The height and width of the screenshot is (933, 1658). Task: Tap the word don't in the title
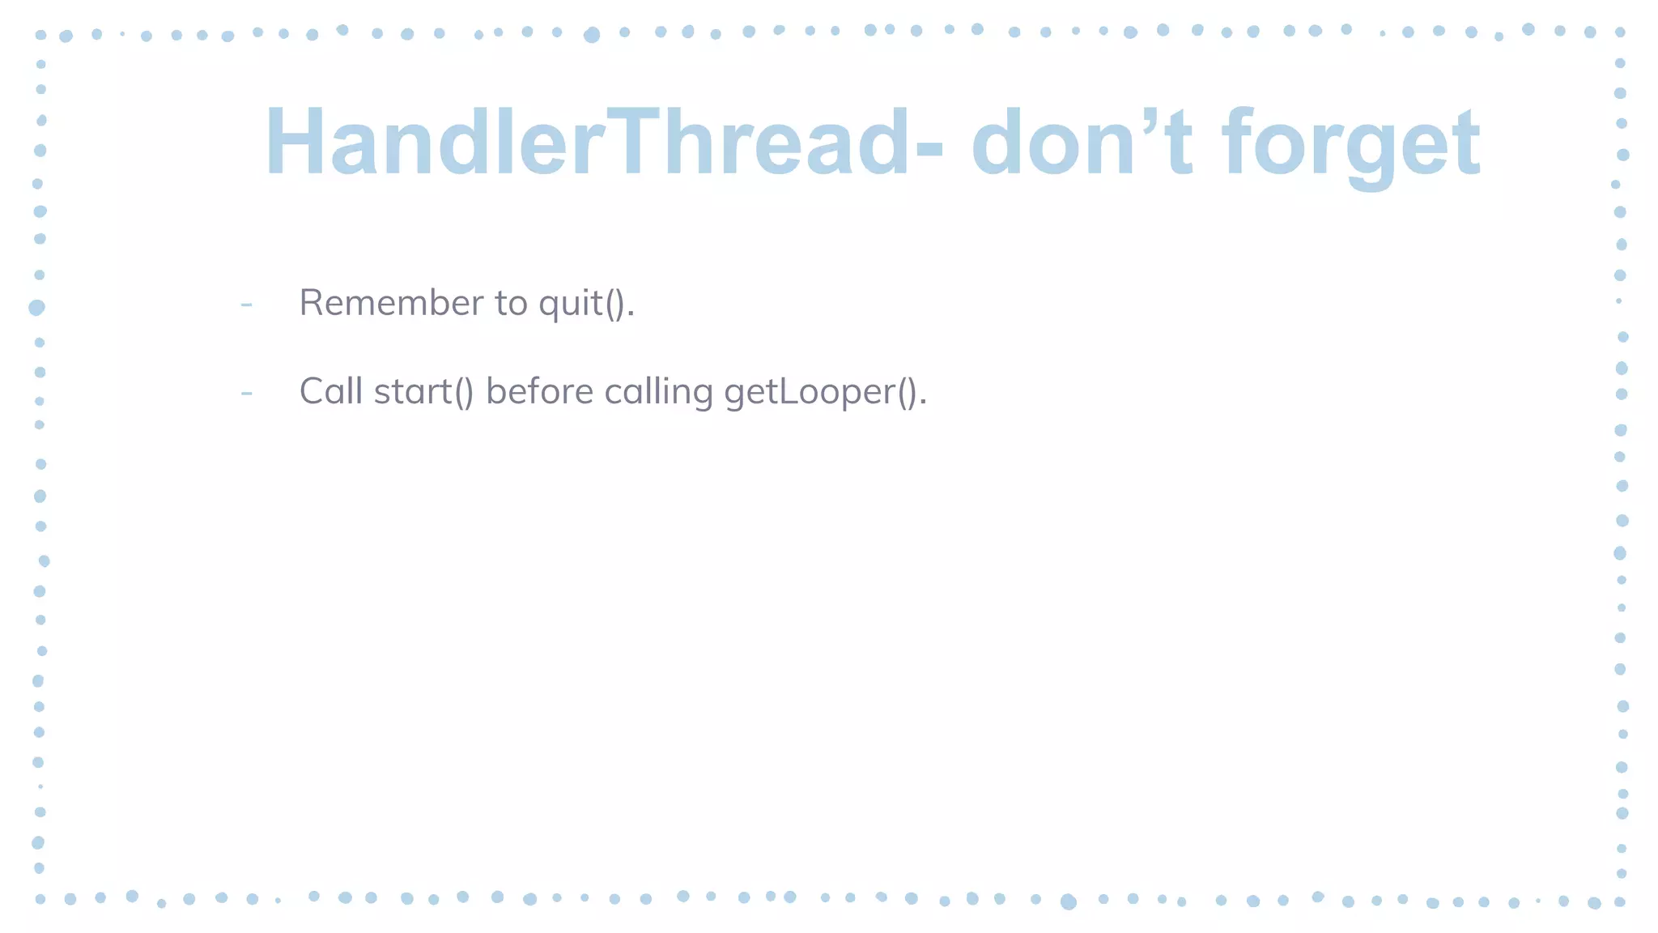(x=1082, y=143)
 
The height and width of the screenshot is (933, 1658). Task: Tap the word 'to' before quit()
(x=511, y=304)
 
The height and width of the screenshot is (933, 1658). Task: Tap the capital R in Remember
(x=312, y=303)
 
